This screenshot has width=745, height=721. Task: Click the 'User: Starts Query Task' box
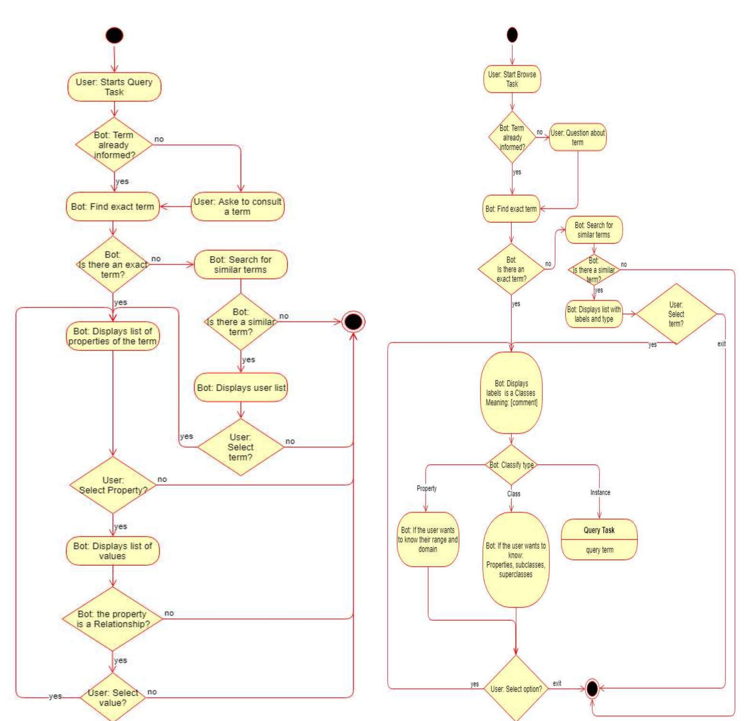tap(114, 87)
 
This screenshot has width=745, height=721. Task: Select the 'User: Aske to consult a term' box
tap(237, 206)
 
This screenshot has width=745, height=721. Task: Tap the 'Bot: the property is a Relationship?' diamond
tap(113, 619)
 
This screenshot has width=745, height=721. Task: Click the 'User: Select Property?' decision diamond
tap(113, 485)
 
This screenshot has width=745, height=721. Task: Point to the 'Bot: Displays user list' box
tap(241, 387)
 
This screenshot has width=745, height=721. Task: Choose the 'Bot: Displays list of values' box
tap(113, 551)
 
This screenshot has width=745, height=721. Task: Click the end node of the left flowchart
tap(353, 322)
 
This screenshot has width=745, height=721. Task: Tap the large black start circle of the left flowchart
tap(114, 36)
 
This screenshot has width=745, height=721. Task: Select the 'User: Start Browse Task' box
tap(512, 79)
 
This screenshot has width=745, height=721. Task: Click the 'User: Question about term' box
tap(577, 137)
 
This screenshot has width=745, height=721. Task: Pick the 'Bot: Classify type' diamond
tap(512, 465)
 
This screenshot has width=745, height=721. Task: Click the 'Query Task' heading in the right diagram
tap(599, 530)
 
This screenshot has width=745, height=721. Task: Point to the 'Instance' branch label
tap(600, 492)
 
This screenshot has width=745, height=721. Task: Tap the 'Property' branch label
tap(426, 488)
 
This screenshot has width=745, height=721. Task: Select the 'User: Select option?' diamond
tap(516, 689)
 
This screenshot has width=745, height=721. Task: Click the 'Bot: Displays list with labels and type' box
tap(594, 314)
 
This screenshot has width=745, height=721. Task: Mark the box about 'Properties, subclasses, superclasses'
tap(515, 560)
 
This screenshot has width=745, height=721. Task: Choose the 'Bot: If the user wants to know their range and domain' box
tap(428, 539)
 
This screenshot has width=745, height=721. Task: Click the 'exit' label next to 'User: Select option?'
tap(557, 683)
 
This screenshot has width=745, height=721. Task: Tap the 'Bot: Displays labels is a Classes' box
tap(511, 393)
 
